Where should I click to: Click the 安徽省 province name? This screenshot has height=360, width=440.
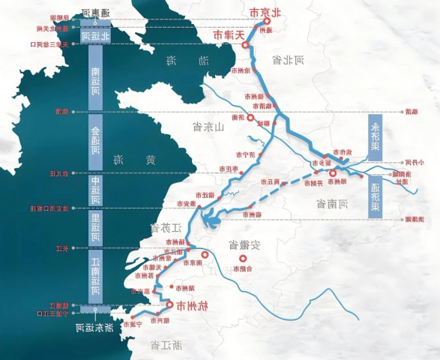(245, 244)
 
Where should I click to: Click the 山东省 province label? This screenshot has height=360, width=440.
(209, 127)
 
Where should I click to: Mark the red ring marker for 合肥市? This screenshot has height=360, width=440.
(242, 259)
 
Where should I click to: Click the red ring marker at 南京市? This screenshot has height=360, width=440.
(205, 255)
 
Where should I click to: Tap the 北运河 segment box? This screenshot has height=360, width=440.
(95, 35)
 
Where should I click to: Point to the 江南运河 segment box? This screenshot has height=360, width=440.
(95, 276)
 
